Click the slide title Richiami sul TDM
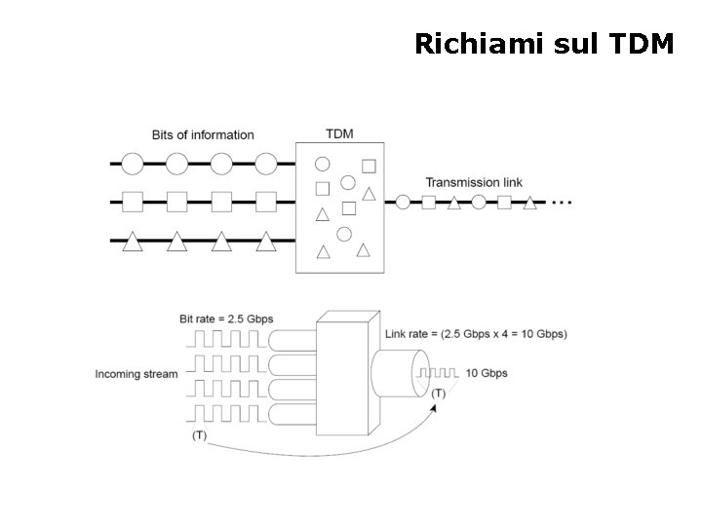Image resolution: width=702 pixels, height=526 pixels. pyautogui.click(x=543, y=44)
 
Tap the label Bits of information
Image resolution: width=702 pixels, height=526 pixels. pyautogui.click(x=203, y=134)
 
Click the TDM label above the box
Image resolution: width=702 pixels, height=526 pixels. pyautogui.click(x=339, y=133)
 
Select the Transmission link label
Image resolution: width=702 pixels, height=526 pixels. pyautogui.click(x=474, y=182)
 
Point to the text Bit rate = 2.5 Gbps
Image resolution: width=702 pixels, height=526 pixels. pyautogui.click(x=226, y=319)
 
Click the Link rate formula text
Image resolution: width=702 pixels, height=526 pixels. pyautogui.click(x=476, y=333)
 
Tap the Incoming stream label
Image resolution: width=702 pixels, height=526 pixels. pyautogui.click(x=136, y=373)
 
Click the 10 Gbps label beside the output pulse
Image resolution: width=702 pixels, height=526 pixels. pyautogui.click(x=486, y=373)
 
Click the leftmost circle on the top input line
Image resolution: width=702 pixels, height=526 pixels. pyautogui.click(x=133, y=163)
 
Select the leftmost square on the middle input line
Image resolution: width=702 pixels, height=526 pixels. pyautogui.click(x=133, y=203)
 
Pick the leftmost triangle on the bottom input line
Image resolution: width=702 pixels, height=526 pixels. pyautogui.click(x=133, y=243)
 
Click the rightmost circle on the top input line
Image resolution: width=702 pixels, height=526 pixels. pyautogui.click(x=266, y=163)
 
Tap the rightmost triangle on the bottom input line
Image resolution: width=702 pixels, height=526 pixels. pyautogui.click(x=266, y=243)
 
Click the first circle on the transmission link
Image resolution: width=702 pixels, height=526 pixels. pyautogui.click(x=403, y=203)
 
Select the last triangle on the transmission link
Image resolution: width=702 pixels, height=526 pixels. pyautogui.click(x=529, y=203)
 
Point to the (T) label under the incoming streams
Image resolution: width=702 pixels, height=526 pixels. pyautogui.click(x=200, y=434)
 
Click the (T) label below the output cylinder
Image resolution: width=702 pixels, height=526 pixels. pyautogui.click(x=439, y=393)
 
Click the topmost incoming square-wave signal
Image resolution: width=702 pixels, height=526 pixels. pyautogui.click(x=227, y=341)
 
